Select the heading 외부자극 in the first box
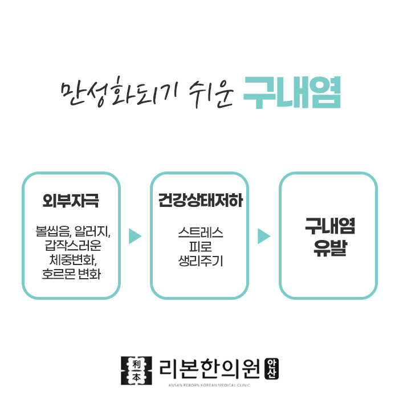[x=71, y=201]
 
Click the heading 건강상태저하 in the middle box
[x=199, y=201]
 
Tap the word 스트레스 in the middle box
[x=199, y=233]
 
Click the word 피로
[x=199, y=247]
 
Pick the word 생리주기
[x=199, y=262]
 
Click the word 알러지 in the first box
[x=92, y=233]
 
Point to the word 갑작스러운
[x=71, y=247]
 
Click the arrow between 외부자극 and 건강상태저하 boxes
[x=135, y=236]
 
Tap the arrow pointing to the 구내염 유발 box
[x=263, y=236]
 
